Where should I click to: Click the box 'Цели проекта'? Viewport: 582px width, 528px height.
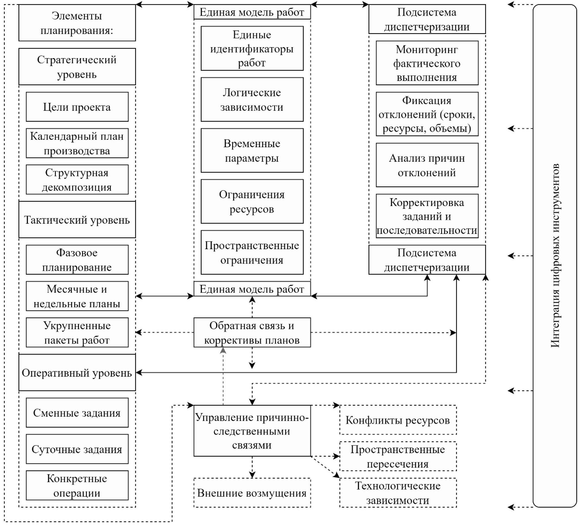coord(77,107)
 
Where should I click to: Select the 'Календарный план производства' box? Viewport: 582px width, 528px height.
coord(77,143)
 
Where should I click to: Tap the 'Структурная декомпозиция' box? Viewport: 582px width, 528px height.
coord(77,180)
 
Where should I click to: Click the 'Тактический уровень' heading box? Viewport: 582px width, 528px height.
coord(77,220)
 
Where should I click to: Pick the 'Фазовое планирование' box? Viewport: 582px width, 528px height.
coord(77,260)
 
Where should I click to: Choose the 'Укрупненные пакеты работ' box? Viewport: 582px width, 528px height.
coord(77,332)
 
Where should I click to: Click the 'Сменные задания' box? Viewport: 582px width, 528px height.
coord(77,413)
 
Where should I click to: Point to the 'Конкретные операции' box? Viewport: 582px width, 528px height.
coord(77,486)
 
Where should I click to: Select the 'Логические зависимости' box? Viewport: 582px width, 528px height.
coord(252,99)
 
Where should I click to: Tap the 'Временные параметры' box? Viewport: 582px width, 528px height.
coord(252,150)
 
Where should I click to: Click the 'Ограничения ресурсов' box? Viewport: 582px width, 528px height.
coord(252,201)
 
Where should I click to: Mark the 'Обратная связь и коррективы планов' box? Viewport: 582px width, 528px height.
coord(252,332)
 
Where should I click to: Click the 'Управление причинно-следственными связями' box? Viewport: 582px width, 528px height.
coord(252,431)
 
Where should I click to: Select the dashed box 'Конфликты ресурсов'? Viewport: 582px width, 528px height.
coord(398,420)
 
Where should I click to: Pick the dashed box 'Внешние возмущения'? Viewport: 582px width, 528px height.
coord(252,493)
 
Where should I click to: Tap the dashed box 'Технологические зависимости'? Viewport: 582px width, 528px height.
coord(398,493)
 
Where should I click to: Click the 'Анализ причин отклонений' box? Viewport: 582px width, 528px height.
coord(427,165)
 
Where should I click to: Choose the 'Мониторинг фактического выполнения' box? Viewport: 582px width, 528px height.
coord(427,63)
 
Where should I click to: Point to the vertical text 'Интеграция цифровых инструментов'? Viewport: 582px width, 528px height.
coord(555,256)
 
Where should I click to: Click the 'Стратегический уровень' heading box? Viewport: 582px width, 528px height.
coord(77,67)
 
